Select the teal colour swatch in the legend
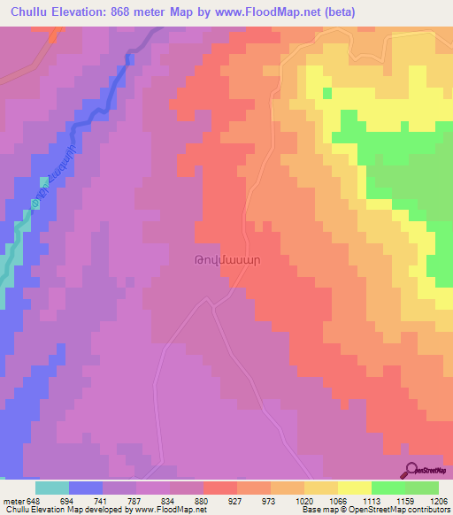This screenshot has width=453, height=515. click(x=52, y=488)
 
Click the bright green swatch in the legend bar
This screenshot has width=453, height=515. click(x=388, y=488)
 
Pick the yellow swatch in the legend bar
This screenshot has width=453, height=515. click(x=354, y=488)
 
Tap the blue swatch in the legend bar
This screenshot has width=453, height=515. click(x=86, y=488)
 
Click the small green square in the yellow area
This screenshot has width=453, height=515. click(x=326, y=92)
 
